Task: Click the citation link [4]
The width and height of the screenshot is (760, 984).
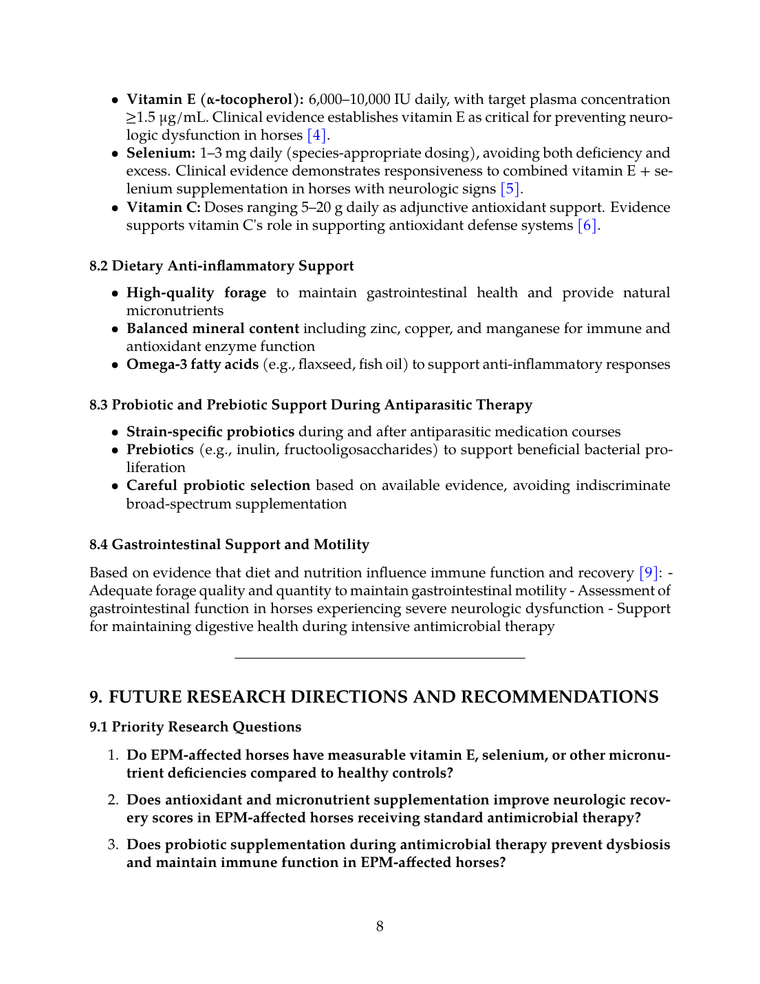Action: [316, 136]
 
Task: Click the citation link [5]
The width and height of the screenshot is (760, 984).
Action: [510, 189]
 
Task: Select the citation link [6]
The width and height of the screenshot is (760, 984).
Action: [587, 226]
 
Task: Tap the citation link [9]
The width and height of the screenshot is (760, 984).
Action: [649, 573]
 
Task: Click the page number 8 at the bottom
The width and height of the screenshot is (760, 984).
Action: [380, 927]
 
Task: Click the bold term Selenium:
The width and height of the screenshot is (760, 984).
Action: [161, 153]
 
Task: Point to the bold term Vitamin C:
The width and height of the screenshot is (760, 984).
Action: [164, 208]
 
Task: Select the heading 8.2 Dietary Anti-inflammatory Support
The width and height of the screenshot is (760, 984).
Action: [221, 266]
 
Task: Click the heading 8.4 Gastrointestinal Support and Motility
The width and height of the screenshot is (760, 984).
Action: [229, 545]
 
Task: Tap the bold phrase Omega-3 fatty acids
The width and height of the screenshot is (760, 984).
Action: [193, 365]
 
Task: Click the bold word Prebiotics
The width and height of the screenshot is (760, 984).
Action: [160, 450]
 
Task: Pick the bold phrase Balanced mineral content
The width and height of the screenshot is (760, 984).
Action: [213, 329]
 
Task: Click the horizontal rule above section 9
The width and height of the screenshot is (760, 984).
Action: [380, 659]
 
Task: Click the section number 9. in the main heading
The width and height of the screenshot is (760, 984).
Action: [96, 697]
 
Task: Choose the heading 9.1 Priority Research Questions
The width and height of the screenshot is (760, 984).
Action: [195, 727]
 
